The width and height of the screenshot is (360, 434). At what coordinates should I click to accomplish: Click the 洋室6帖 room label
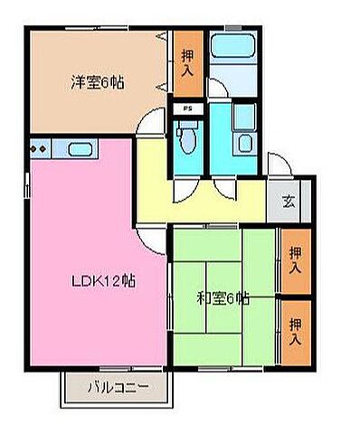98,82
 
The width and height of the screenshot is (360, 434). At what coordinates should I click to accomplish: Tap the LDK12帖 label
103,280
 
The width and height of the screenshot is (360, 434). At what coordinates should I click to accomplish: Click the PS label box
187,110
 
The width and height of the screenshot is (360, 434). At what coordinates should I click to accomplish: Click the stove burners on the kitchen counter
39,147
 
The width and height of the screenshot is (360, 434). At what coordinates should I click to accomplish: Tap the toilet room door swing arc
184,184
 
